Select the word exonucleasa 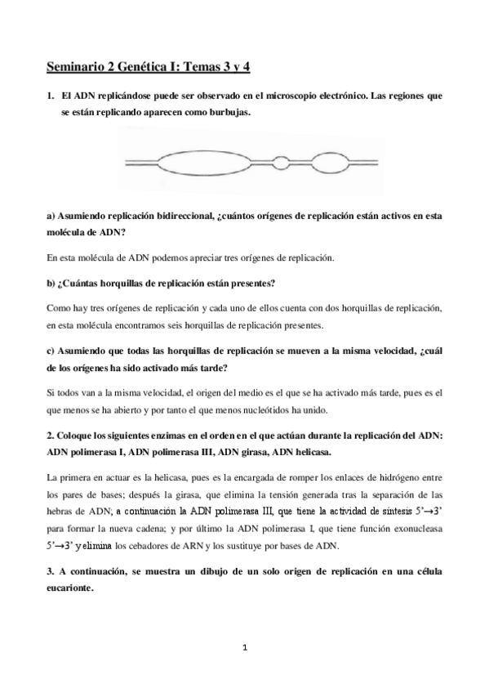coord(412,529)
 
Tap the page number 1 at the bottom coord(244,648)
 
